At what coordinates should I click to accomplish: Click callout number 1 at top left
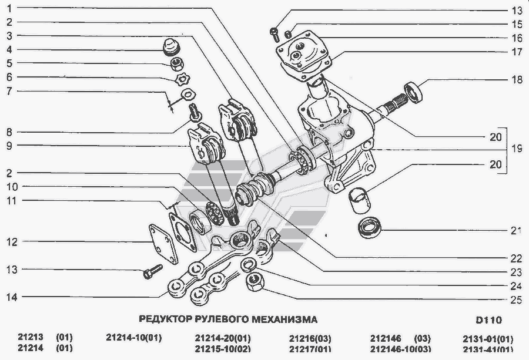click(9, 8)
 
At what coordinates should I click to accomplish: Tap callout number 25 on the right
click(516, 300)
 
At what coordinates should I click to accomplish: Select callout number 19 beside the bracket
click(517, 149)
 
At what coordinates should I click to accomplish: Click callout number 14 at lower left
click(12, 297)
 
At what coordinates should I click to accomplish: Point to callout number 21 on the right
click(516, 231)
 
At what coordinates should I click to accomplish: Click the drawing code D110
click(489, 319)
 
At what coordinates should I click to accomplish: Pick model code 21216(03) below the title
click(310, 338)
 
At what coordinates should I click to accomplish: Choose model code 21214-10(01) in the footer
click(134, 338)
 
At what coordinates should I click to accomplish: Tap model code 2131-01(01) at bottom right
click(488, 338)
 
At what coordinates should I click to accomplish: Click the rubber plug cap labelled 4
click(171, 47)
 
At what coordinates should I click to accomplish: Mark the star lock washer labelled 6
click(183, 79)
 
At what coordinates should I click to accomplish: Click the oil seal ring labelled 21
click(370, 227)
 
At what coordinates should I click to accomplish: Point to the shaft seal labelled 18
click(413, 92)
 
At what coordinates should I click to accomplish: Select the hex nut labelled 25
click(255, 282)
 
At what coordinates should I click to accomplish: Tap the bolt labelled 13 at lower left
click(153, 272)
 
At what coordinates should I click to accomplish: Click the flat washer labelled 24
click(248, 265)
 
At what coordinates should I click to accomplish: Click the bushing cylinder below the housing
click(359, 201)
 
